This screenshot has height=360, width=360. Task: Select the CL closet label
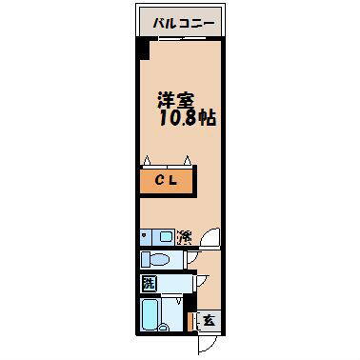tap(166, 181)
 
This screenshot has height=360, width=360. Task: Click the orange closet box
tap(166, 181)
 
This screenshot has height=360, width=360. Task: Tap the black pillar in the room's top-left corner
tap(141, 50)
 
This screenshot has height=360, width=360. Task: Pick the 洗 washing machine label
tap(148, 284)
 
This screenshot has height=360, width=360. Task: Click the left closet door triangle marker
tap(147, 160)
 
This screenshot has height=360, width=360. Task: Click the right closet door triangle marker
tap(189, 160)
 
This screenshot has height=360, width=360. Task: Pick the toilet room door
tap(192, 260)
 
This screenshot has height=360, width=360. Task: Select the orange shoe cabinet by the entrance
tap(191, 320)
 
